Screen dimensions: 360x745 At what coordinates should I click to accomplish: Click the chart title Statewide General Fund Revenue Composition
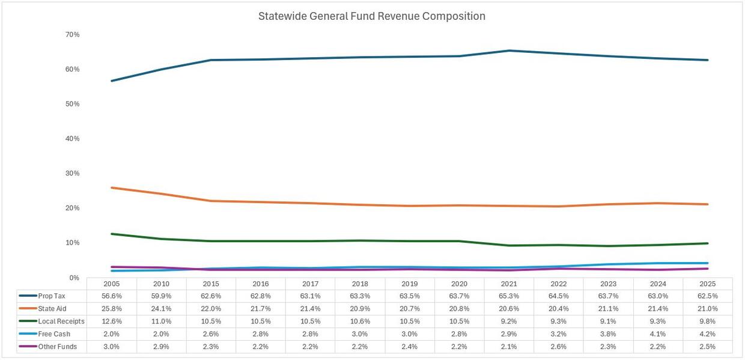click(371, 16)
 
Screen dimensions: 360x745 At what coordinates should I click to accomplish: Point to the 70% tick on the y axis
click(72, 35)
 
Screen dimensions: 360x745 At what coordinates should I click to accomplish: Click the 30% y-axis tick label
click(72, 174)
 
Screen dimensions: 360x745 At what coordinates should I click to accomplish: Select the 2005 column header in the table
click(112, 284)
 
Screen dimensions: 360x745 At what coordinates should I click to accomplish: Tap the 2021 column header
click(509, 284)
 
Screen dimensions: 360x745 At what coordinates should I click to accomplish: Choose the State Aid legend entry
click(52, 308)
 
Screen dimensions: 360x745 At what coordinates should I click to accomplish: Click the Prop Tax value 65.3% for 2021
click(509, 296)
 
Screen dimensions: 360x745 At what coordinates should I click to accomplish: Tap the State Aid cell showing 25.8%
click(112, 308)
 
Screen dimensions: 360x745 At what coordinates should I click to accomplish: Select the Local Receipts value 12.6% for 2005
click(112, 322)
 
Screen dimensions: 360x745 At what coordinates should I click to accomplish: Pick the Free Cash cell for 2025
click(708, 334)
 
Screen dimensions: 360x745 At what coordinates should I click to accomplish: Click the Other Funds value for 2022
click(559, 347)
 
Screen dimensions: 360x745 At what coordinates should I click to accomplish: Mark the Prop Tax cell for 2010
click(162, 296)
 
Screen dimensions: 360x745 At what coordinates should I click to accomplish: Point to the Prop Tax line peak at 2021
click(509, 50)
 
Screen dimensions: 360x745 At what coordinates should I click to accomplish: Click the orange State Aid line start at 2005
click(112, 188)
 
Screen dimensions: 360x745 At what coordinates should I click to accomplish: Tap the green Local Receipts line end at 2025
click(708, 243)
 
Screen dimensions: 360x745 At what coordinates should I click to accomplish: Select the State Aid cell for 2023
click(609, 308)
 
